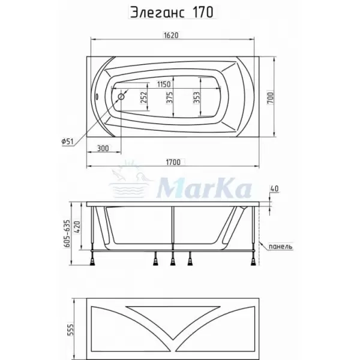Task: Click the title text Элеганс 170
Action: click(172, 12)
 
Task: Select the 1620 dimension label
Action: click(171, 35)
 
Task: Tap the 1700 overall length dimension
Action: click(173, 162)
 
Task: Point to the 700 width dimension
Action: click(271, 98)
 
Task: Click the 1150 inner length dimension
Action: click(164, 84)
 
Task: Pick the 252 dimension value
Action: click(143, 98)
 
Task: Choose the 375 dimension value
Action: click(169, 98)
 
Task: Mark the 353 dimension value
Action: click(197, 98)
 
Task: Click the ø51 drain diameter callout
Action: click(68, 141)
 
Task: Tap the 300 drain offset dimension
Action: click(103, 148)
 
